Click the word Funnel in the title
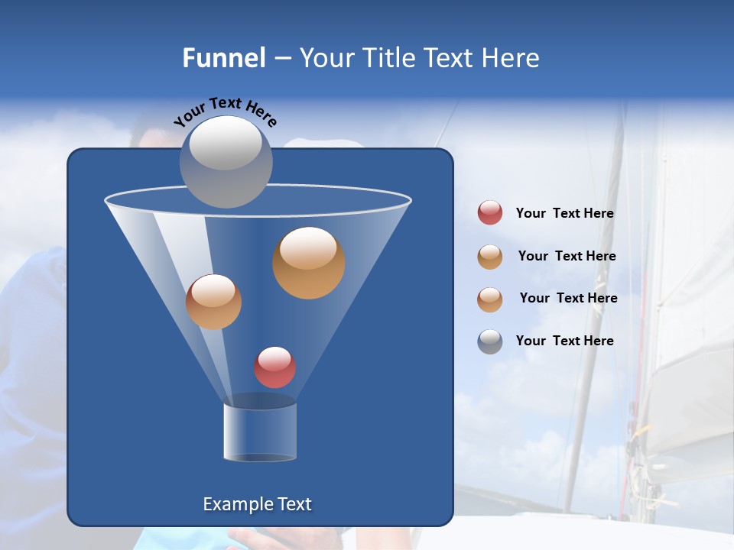coord(223,58)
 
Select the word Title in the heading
coord(387,58)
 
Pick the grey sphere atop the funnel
coord(226,161)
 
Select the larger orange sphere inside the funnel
coord(308,263)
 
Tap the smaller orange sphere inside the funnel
coord(213,302)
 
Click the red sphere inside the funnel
coord(274,367)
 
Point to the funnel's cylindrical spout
coord(260,432)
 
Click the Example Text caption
coord(257,504)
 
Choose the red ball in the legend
coord(490,213)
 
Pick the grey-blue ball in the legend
coord(490,341)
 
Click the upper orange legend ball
coord(490,257)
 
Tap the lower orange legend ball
coord(490,299)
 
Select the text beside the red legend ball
coord(564,214)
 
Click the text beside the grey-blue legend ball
coord(564,341)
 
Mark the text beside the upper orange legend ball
coord(567,256)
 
